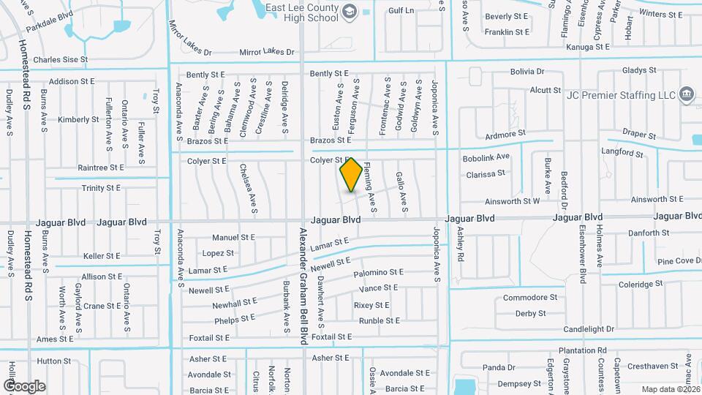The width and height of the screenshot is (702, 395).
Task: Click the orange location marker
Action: pyautogui.click(x=351, y=175)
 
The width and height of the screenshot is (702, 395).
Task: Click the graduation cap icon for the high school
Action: pyautogui.click(x=350, y=10)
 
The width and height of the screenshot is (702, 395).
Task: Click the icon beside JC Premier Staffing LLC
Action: pyautogui.click(x=687, y=94)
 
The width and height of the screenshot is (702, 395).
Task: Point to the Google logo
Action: pyautogui.click(x=24, y=385)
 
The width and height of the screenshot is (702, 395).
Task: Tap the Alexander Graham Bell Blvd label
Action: pyautogui.click(x=303, y=285)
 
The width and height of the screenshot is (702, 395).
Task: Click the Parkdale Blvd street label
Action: pyautogui.click(x=50, y=20)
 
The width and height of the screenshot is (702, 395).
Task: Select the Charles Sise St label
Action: pyautogui.click(x=60, y=60)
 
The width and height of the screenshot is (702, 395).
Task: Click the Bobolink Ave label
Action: pyautogui.click(x=486, y=157)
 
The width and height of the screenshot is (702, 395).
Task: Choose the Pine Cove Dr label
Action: pyautogui.click(x=679, y=261)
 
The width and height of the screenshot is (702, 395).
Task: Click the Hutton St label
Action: pyautogui.click(x=53, y=361)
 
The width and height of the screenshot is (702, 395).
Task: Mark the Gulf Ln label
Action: pyautogui.click(x=401, y=11)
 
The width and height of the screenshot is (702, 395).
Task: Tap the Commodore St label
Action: pyautogui.click(x=529, y=298)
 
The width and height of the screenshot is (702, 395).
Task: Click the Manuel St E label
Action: pyautogui.click(x=233, y=238)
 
